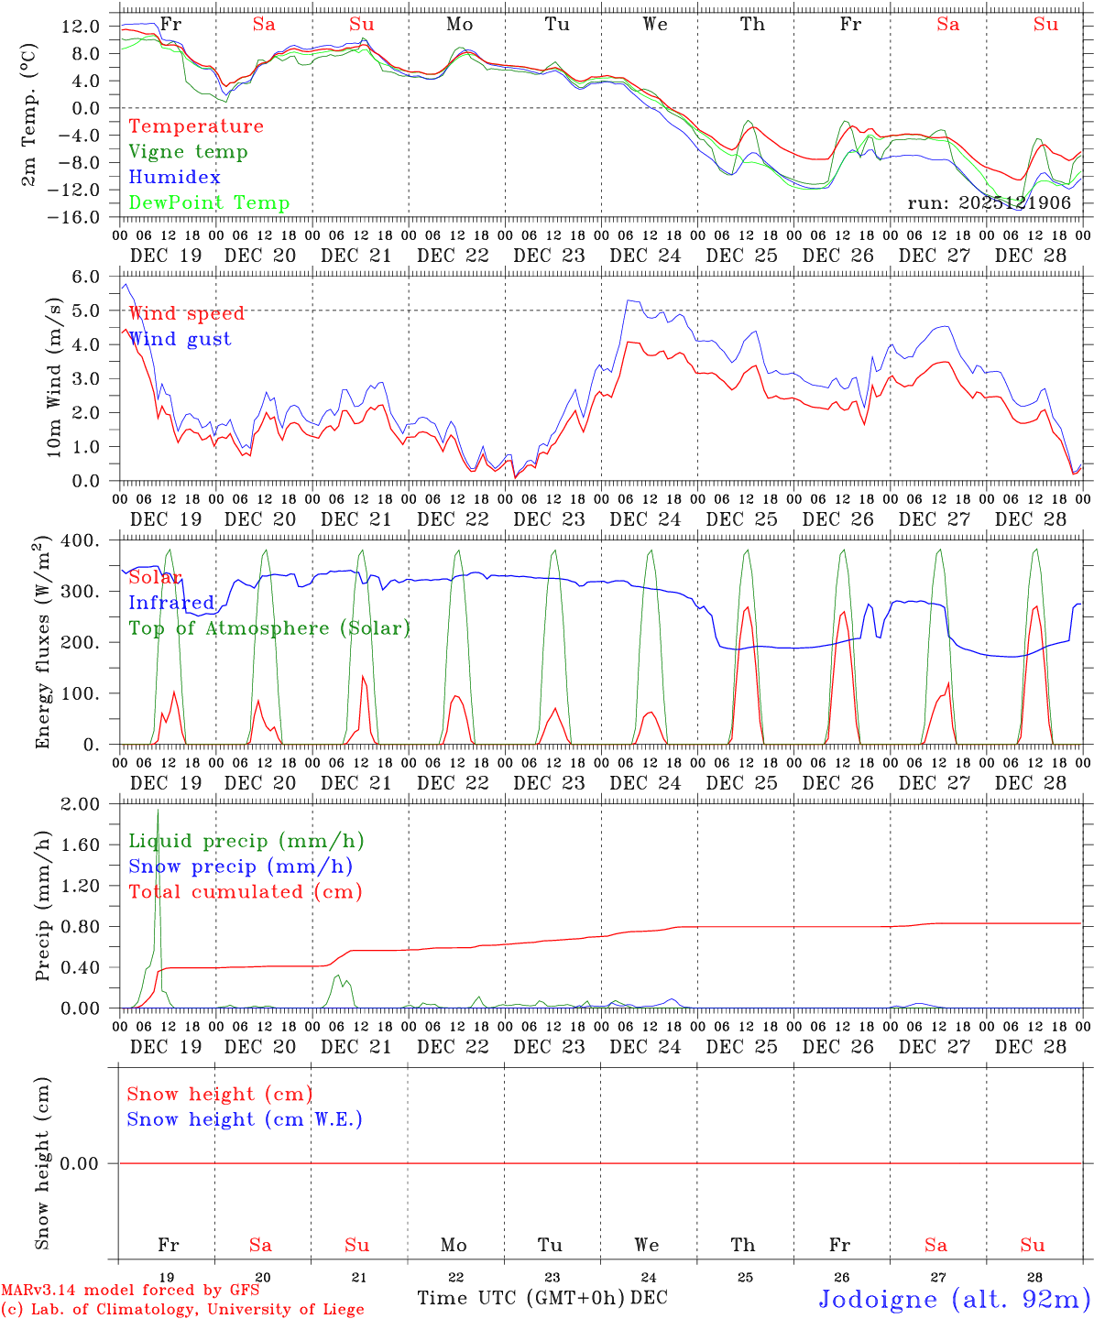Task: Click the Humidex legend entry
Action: click(x=174, y=178)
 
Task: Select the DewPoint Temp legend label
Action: click(x=209, y=203)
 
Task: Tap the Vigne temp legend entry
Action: click(x=188, y=152)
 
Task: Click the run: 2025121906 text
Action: click(x=989, y=203)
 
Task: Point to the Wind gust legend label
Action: click(x=180, y=339)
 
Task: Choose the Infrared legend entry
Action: click(x=171, y=603)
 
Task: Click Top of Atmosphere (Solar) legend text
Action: click(x=269, y=628)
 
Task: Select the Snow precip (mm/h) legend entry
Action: click(x=240, y=867)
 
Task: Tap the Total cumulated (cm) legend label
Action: click(x=245, y=892)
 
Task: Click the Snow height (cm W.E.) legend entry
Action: click(x=245, y=1119)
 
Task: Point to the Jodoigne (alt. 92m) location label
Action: click(x=954, y=1299)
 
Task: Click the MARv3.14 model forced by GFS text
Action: click(x=130, y=1291)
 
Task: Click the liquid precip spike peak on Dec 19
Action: click(x=158, y=810)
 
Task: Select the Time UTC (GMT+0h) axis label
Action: click(x=520, y=1298)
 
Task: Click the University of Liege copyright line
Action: click(x=182, y=1310)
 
